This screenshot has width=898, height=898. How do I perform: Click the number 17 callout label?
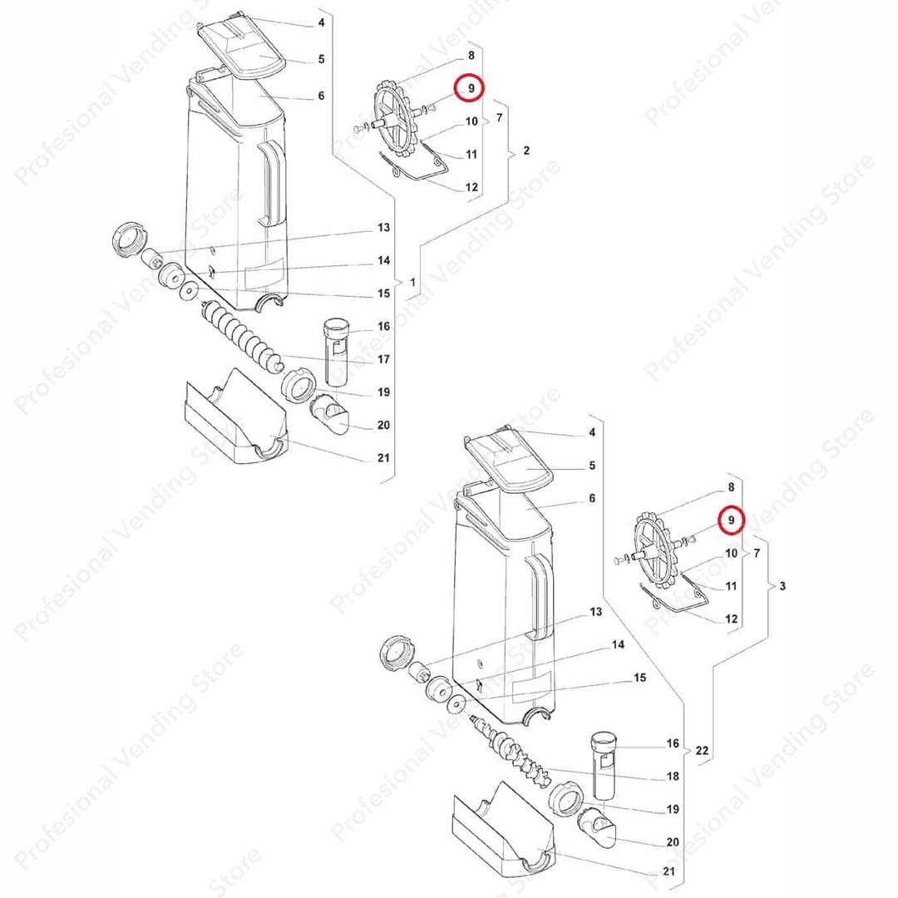[383, 359]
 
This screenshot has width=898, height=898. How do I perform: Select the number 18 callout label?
[673, 776]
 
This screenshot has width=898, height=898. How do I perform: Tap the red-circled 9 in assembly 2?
[470, 88]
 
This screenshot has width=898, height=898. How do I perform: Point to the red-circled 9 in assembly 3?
[731, 520]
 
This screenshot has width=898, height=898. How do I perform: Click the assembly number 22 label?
[702, 750]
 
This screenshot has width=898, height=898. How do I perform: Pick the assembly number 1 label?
[412, 283]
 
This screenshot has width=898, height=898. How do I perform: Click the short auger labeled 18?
[509, 748]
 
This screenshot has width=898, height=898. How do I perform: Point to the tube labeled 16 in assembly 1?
[336, 353]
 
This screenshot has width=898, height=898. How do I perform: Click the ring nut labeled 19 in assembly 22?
[566, 797]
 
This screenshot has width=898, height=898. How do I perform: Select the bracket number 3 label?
[782, 586]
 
